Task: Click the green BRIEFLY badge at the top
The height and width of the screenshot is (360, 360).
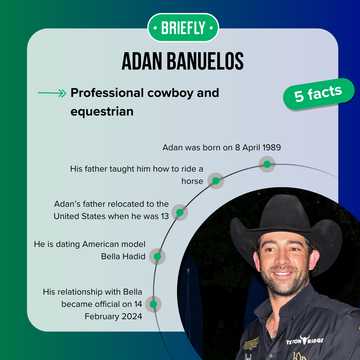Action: tap(180, 26)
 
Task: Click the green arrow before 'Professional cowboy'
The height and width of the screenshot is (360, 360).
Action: tap(50, 93)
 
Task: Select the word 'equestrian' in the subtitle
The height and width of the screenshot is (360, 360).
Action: tap(101, 111)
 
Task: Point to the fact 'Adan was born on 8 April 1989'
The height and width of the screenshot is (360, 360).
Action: tap(221, 147)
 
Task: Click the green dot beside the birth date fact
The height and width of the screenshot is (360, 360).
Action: tap(267, 163)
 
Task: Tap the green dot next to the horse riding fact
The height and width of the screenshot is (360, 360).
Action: tap(214, 181)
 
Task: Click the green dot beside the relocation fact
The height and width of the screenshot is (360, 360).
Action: tap(179, 212)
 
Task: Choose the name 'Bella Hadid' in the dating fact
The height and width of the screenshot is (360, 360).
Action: tap(122, 255)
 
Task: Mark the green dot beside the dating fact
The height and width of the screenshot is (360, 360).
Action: tap(156, 256)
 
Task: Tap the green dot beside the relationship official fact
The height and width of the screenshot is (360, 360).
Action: tap(153, 303)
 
